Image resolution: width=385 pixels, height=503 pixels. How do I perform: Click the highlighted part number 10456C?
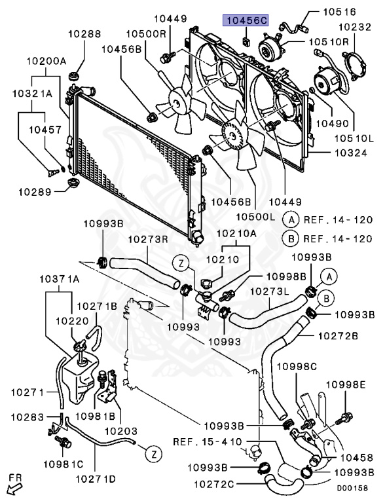click(x=246, y=21)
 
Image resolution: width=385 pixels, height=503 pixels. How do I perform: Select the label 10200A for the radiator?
click(x=46, y=61)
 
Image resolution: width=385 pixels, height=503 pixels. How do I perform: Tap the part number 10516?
click(x=339, y=12)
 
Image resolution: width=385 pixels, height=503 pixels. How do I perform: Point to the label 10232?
click(x=354, y=27)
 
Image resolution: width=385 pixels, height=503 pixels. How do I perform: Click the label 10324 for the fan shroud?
click(x=351, y=153)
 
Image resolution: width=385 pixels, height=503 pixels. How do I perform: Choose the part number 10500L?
click(x=256, y=217)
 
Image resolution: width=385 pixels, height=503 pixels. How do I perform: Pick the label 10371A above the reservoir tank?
click(x=60, y=280)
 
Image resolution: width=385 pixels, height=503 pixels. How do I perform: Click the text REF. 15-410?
click(x=208, y=441)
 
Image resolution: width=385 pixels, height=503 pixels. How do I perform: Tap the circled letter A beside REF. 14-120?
click(x=291, y=220)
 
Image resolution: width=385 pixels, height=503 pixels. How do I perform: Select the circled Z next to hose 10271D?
click(x=154, y=454)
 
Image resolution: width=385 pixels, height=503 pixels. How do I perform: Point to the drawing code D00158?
click(x=352, y=488)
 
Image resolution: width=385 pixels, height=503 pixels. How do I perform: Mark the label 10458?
click(x=357, y=457)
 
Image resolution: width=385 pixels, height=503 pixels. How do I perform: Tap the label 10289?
click(x=35, y=192)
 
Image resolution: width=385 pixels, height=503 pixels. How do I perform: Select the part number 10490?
click(x=332, y=123)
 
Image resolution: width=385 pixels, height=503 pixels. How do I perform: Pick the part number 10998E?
click(x=346, y=384)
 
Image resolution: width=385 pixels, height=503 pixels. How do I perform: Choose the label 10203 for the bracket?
click(x=121, y=431)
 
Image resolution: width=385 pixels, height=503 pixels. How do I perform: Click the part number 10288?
click(x=84, y=33)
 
